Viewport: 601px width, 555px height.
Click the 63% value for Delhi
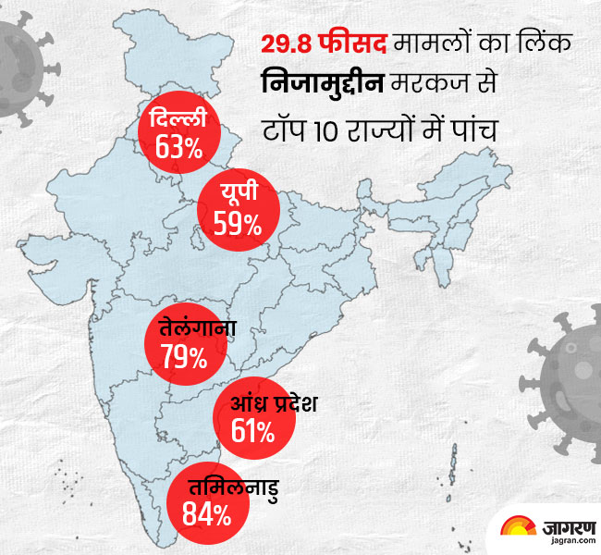click(179, 146)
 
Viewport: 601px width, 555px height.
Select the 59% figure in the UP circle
click(238, 222)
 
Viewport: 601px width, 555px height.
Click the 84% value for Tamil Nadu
click(207, 514)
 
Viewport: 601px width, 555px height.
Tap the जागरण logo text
click(560, 524)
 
